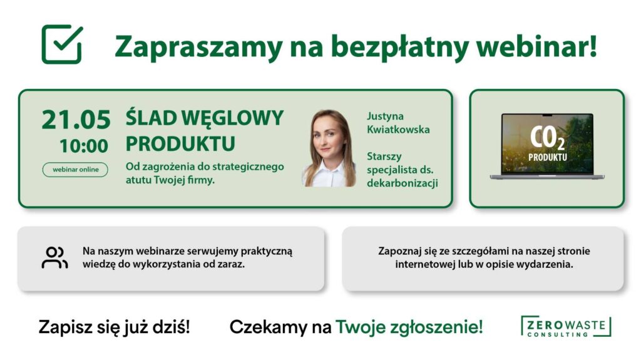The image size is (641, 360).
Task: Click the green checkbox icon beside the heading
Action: pyautogui.click(x=62, y=44)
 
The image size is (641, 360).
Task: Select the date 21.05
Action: pyautogui.click(x=76, y=120)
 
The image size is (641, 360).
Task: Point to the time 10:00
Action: pyautogui.click(x=84, y=146)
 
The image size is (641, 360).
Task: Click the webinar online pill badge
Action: pyautogui.click(x=75, y=170)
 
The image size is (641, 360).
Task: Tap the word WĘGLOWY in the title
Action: pyautogui.click(x=232, y=118)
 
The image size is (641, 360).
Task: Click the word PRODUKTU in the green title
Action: pyautogui.click(x=180, y=143)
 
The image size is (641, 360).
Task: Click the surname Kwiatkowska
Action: pyautogui.click(x=398, y=129)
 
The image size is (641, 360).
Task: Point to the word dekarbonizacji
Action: pyautogui.click(x=403, y=183)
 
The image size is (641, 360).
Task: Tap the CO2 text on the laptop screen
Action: pyautogui.click(x=547, y=138)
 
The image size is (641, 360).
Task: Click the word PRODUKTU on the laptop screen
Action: pyautogui.click(x=547, y=157)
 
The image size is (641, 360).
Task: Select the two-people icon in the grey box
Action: pyautogui.click(x=54, y=257)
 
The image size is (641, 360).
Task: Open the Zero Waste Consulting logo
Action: pyautogui.click(x=566, y=326)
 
